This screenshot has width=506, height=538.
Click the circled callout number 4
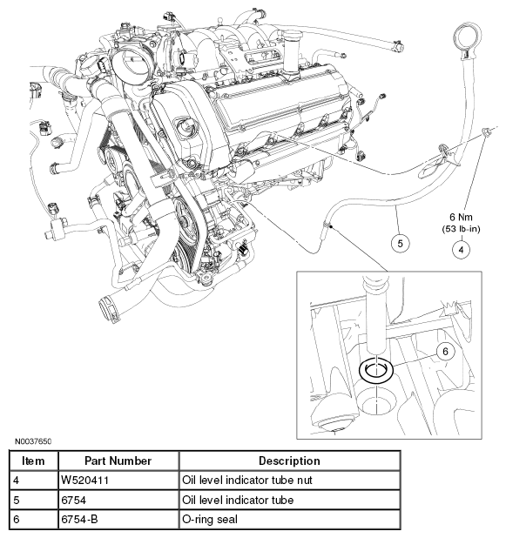[x=459, y=250]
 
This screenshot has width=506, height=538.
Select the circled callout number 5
[x=399, y=245]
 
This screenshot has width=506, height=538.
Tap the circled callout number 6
[x=444, y=351]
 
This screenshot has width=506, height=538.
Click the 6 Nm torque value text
[x=459, y=216]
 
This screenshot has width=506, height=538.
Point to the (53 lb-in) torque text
[x=459, y=229]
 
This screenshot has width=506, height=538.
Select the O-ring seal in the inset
[x=376, y=372]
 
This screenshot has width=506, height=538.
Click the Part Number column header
[x=118, y=461]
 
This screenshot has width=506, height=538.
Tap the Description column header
[x=289, y=461]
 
